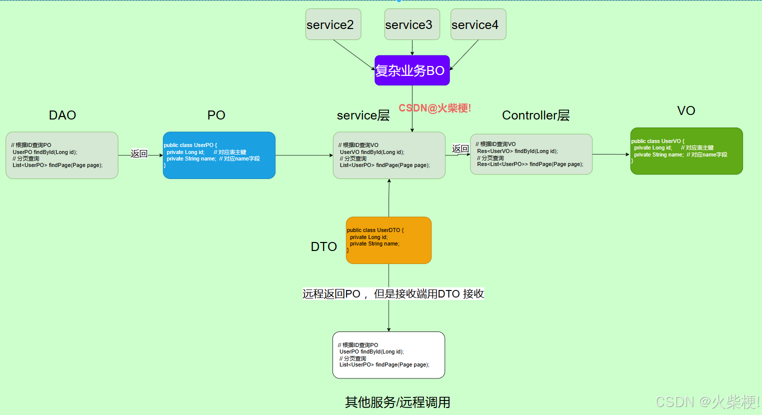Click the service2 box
coord(333,24)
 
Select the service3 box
coord(412,24)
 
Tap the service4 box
coord(478,24)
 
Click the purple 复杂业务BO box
coord(412,70)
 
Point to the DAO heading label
coord(62,115)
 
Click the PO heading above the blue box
coord(216,115)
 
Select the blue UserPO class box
coord(219,155)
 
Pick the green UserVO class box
coord(686,151)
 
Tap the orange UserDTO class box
coord(388,240)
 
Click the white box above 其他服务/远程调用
coord(388,355)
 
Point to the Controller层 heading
coord(535,115)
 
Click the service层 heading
coord(363,115)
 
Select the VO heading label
coord(686,111)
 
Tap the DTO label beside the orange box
coord(324,246)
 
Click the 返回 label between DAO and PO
coord(139,154)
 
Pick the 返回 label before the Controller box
coord(460,149)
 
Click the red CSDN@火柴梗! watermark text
coord(434,108)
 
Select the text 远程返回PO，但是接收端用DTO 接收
coord(393,294)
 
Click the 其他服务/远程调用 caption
coord(397,402)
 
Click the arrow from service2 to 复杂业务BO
coord(354,55)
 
